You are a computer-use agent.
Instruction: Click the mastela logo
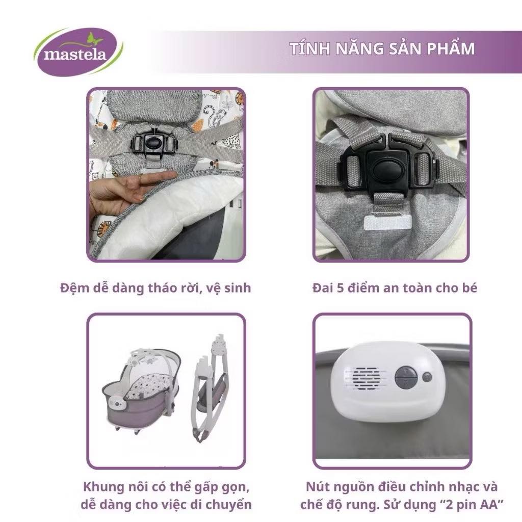tap(78, 52)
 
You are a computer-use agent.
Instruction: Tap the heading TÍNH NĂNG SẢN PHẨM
tap(382, 48)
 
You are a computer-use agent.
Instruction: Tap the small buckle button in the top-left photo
tap(153, 143)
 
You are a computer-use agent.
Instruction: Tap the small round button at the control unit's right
tap(427, 378)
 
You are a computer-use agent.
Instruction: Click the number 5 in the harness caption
tap(340, 288)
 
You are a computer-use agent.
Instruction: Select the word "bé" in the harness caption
tap(469, 288)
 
